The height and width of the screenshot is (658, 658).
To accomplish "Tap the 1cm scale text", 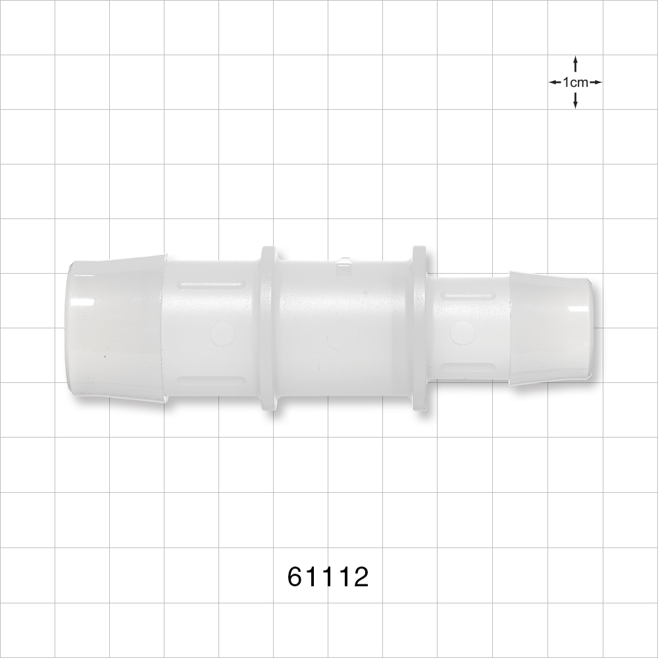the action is pos(575,82).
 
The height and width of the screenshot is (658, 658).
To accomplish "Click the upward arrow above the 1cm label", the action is pos(575,64).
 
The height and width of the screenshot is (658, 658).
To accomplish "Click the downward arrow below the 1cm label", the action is pos(575,100).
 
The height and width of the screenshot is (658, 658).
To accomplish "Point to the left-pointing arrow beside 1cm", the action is pos(555,82).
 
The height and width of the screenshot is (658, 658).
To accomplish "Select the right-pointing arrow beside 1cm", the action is pos(595,82).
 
